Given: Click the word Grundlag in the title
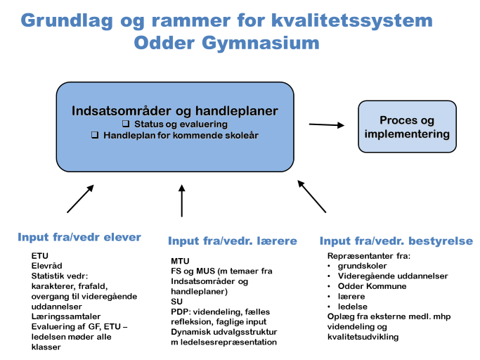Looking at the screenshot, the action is click(x=67, y=21).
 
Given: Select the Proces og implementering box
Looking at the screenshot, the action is click(x=407, y=127).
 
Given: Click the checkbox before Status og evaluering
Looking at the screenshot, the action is click(x=126, y=124).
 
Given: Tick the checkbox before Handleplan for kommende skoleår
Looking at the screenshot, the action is click(x=95, y=135).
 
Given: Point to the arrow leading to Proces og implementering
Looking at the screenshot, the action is click(x=327, y=124).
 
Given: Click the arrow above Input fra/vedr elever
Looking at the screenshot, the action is click(x=80, y=198).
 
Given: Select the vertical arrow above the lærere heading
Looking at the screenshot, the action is click(x=182, y=200).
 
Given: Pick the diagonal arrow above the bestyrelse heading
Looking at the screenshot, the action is click(x=311, y=196).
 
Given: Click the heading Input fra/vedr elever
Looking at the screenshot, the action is click(x=79, y=237).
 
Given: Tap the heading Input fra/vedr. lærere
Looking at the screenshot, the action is click(x=233, y=240).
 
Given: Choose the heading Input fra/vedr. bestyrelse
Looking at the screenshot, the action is click(x=396, y=240).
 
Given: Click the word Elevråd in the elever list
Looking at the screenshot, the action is click(x=46, y=266).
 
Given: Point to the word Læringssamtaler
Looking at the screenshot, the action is click(x=66, y=316).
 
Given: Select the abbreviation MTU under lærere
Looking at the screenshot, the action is click(x=180, y=261).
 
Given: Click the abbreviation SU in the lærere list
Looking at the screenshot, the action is click(x=176, y=302).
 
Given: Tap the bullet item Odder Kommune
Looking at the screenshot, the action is click(x=372, y=286).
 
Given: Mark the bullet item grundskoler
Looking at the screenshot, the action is click(x=362, y=266).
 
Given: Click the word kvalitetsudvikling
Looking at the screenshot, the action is click(x=363, y=337).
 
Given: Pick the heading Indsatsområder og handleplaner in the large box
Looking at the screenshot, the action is click(x=175, y=111).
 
